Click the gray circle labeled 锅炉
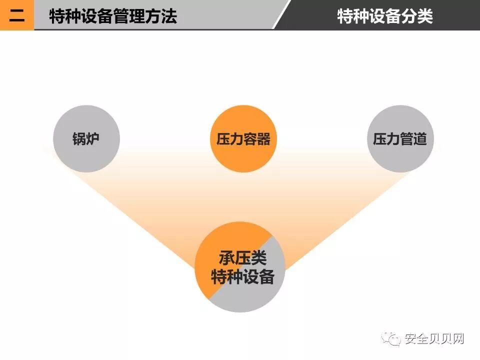click(x=86, y=139)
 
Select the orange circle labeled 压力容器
click(x=243, y=139)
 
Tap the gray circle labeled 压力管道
click(x=400, y=139)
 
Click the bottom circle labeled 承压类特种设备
click(x=240, y=267)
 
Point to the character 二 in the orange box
click(x=17, y=15)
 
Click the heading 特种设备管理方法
click(x=113, y=16)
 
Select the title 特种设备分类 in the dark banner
click(x=385, y=16)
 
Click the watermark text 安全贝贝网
click(x=434, y=339)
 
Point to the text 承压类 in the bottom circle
click(x=242, y=258)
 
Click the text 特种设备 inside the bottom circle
click(x=242, y=276)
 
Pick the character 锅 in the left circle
click(x=79, y=139)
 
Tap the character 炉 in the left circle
click(x=93, y=139)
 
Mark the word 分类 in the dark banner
click(x=417, y=16)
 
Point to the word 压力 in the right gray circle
click(x=386, y=139)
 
